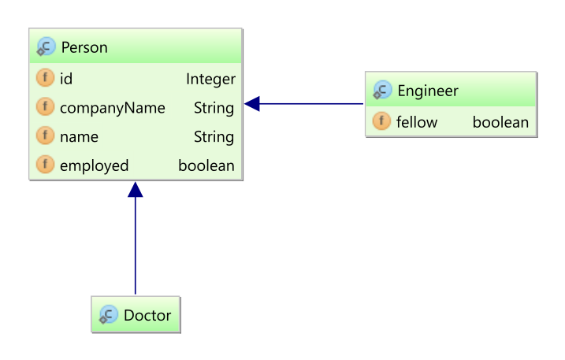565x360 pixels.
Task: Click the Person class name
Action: click(84, 48)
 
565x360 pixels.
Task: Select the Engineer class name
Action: click(427, 91)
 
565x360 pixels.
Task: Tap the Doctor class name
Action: click(147, 315)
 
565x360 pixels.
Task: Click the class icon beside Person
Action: click(46, 48)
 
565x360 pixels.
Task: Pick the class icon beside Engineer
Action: click(382, 91)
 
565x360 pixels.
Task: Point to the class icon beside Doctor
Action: click(109, 316)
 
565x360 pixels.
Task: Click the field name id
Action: click(66, 79)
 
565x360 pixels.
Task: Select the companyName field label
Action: click(113, 108)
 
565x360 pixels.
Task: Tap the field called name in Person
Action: click(79, 137)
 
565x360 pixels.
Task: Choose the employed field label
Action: click(94, 165)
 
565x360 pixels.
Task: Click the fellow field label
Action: click(417, 122)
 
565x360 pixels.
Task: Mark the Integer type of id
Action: click(210, 79)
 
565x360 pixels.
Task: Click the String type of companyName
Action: click(214, 108)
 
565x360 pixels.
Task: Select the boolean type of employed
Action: click(206, 165)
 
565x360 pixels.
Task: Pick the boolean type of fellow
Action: click(500, 122)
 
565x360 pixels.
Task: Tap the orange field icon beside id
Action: click(45, 79)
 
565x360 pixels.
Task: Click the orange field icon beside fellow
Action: click(381, 122)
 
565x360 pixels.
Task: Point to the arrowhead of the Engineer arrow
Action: click(252, 103)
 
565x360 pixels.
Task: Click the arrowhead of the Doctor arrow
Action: click(136, 189)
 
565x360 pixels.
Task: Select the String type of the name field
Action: click(214, 137)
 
